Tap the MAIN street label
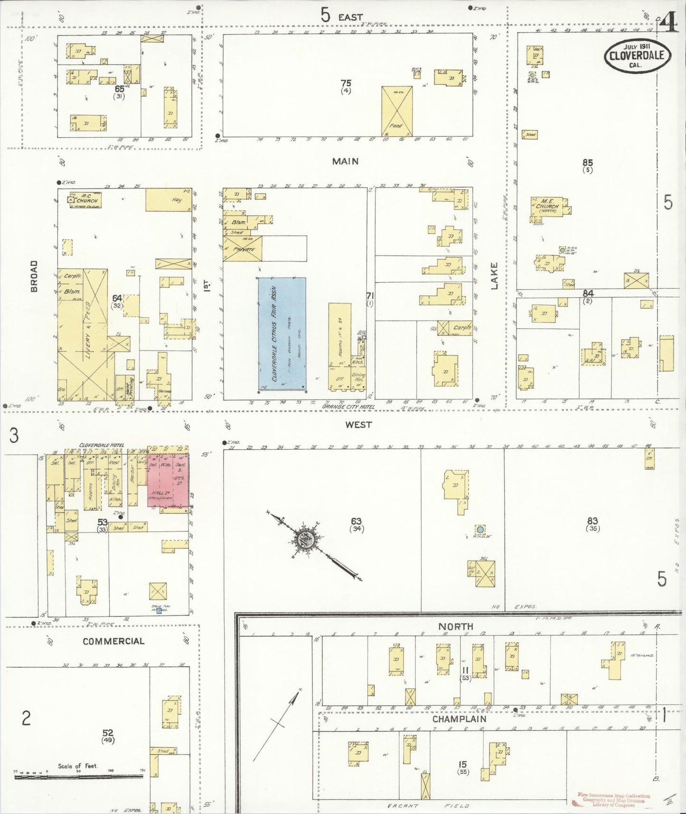[345, 161]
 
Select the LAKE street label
[494, 276]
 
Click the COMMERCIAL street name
[113, 641]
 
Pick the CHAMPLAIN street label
[459, 719]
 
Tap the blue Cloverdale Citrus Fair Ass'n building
[282, 333]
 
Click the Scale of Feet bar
[78, 776]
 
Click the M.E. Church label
[547, 206]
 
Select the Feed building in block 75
[397, 112]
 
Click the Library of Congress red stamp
[613, 800]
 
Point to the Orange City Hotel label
[348, 407]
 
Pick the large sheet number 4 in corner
[668, 22]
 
